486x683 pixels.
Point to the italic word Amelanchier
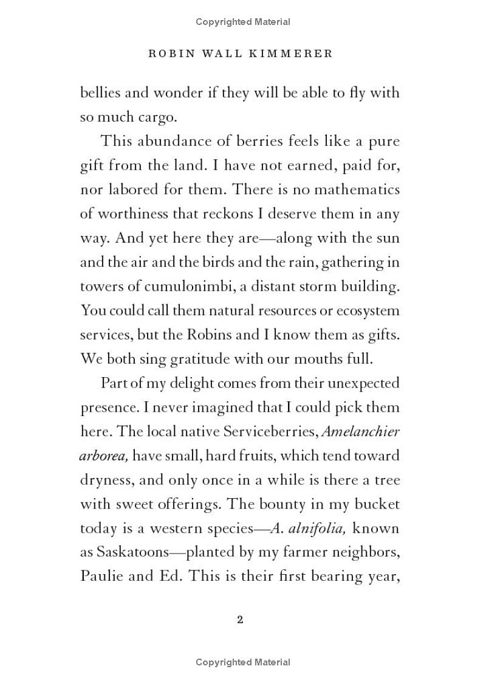click(x=360, y=432)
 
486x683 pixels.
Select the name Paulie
click(x=101, y=576)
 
